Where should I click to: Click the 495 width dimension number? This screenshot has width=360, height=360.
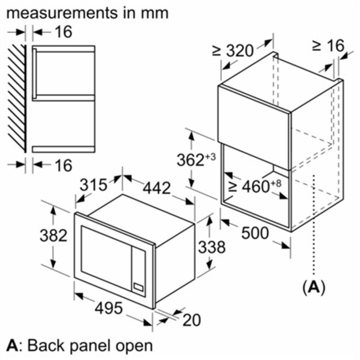(x=108, y=308)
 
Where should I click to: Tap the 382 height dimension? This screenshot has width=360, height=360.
(x=53, y=236)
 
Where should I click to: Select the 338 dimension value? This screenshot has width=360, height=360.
(x=212, y=247)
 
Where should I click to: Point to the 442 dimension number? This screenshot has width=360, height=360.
(x=157, y=188)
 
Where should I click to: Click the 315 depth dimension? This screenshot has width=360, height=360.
(x=93, y=184)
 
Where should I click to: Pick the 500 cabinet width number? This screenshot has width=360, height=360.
(x=255, y=233)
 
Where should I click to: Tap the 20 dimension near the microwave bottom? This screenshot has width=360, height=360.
(x=191, y=320)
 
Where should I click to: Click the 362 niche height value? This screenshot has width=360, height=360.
(x=196, y=160)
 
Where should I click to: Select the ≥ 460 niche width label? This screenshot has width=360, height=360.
(x=255, y=186)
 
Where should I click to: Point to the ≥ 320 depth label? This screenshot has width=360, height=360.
(x=233, y=51)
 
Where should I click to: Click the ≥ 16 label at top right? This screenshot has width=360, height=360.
(x=328, y=46)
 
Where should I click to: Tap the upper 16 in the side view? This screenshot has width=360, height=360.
(x=63, y=32)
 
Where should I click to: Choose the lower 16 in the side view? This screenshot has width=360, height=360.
(x=63, y=165)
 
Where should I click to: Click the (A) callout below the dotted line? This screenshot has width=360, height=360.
(x=314, y=287)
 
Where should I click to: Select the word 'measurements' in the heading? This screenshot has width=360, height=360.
(x=61, y=13)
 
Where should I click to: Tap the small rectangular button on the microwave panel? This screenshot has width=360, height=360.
(x=138, y=287)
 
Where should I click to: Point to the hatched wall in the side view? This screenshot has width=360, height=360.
(x=17, y=98)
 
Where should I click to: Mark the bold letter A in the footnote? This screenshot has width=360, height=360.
(x=12, y=346)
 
